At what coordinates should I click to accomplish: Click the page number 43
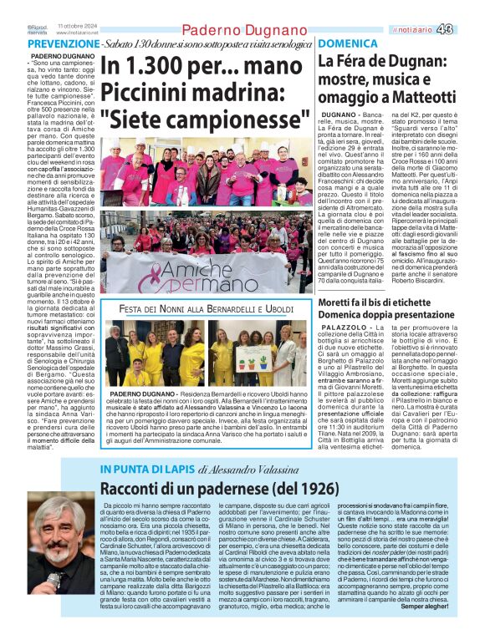[468, 29]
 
